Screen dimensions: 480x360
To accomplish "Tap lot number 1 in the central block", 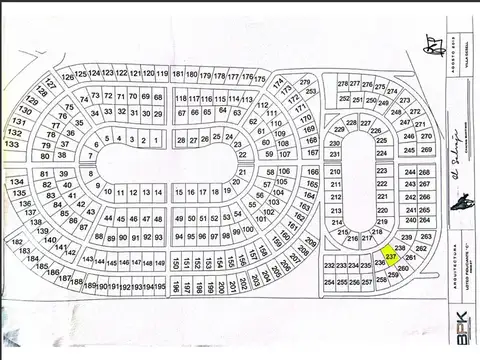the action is point(157,141).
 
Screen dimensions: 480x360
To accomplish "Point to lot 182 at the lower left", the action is point(16,242).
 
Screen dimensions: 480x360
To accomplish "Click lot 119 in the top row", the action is point(162,74).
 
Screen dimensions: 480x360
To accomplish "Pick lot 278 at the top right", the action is point(342,84).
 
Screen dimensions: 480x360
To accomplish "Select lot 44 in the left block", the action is point(107,218).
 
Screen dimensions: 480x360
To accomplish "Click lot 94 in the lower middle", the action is point(178,237).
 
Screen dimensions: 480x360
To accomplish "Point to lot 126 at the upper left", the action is point(67,75).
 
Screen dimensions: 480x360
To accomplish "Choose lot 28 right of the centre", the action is point(195,137).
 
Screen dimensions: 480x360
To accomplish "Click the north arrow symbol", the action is point(434,45).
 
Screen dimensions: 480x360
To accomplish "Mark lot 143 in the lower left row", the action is point(87,260).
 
